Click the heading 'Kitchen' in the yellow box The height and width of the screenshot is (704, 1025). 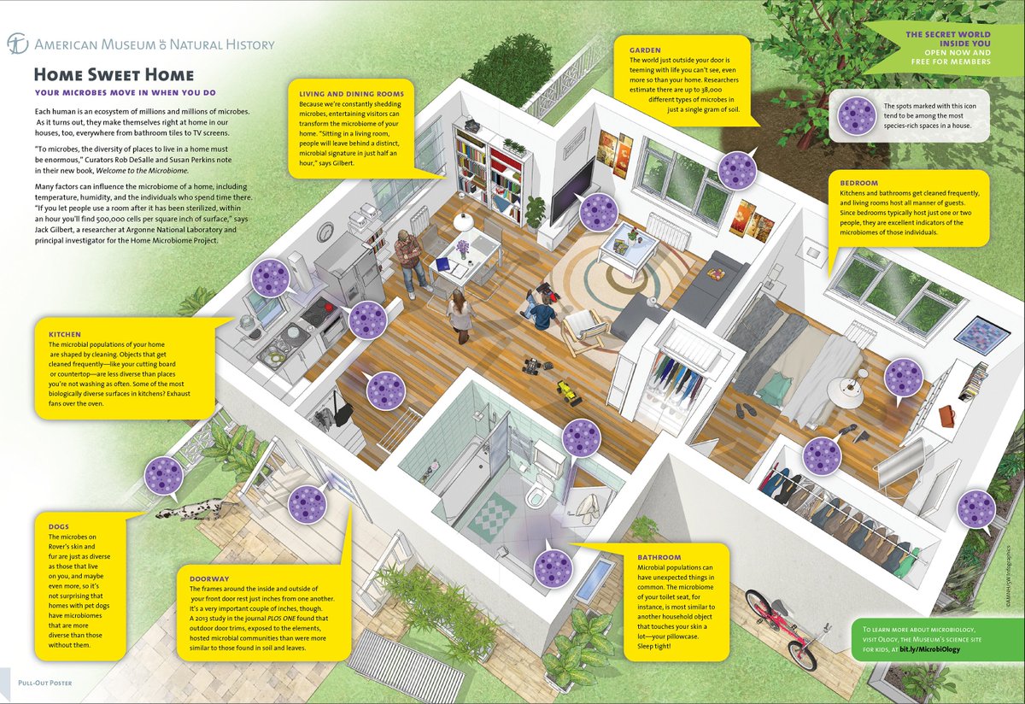pos(65,334)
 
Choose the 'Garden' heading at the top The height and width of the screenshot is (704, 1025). pos(645,50)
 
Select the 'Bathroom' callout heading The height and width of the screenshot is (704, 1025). pos(659,558)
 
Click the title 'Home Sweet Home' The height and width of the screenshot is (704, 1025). pos(114,75)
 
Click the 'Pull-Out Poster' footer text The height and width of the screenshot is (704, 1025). pos(45,683)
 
